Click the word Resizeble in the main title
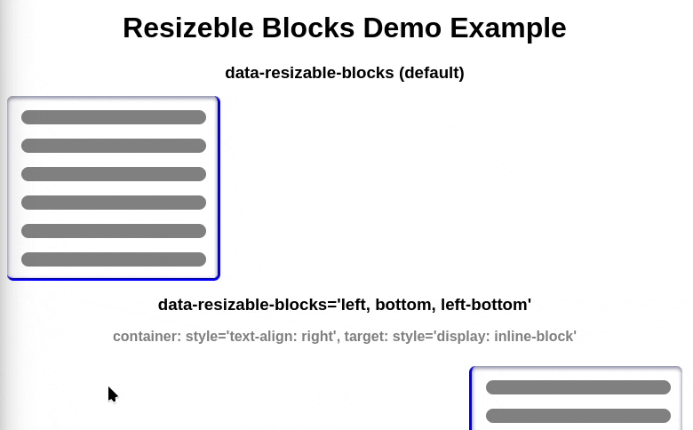pyautogui.click(x=188, y=28)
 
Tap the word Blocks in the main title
pyautogui.click(x=308, y=28)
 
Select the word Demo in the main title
pyautogui.click(x=402, y=28)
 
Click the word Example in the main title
pyautogui.click(x=508, y=28)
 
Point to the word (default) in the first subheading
pyautogui.click(x=432, y=73)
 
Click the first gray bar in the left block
pyautogui.click(x=114, y=117)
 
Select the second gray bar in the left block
pyautogui.click(x=114, y=146)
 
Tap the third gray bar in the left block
pyautogui.click(x=114, y=173)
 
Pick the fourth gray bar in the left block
pyautogui.click(x=114, y=203)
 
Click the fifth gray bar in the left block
pyautogui.click(x=114, y=231)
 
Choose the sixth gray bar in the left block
pyautogui.click(x=114, y=259)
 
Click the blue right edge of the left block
pyautogui.click(x=219, y=187)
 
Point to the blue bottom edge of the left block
pyautogui.click(x=114, y=279)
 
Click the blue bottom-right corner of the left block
pyautogui.click(x=219, y=279)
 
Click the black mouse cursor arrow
pyautogui.click(x=112, y=394)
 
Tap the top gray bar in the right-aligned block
pyautogui.click(x=578, y=387)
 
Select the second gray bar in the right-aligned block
pyautogui.click(x=578, y=416)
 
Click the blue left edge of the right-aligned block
pyautogui.click(x=471, y=399)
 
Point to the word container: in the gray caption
pyautogui.click(x=147, y=337)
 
